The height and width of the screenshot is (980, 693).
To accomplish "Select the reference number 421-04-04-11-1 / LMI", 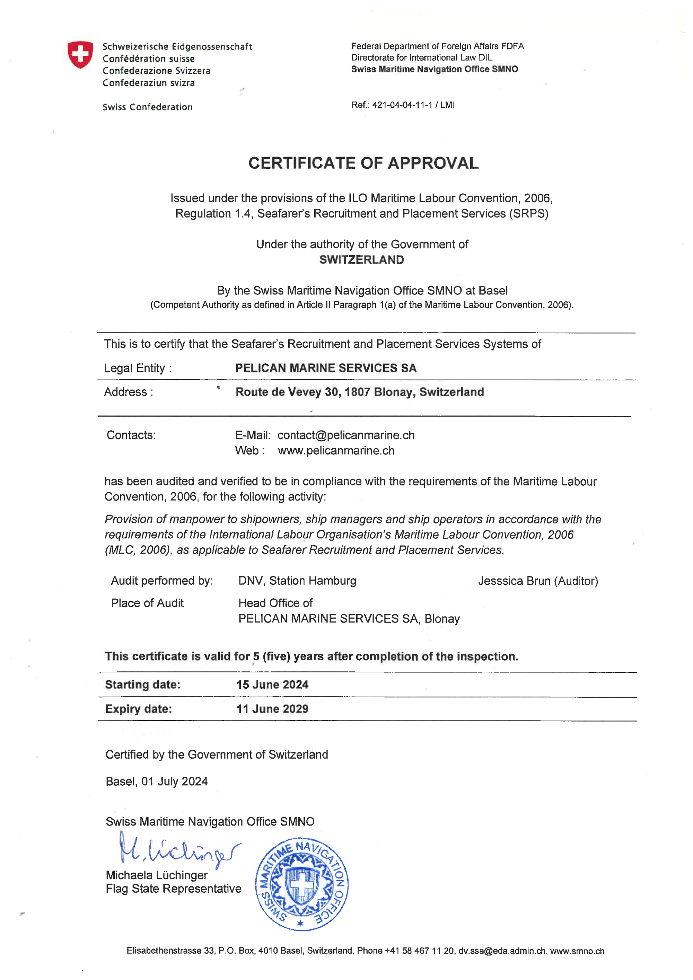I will (413, 105).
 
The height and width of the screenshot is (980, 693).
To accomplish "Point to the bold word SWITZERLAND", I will (361, 259).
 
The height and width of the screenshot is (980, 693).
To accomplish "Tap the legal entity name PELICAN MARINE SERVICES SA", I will (326, 368).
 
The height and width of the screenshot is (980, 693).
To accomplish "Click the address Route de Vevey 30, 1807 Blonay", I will (360, 392).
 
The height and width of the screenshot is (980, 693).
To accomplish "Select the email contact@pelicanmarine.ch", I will (346, 435).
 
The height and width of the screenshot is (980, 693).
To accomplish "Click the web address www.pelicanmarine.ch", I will (336, 450).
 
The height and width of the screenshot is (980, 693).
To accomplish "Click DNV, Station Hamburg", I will (297, 581).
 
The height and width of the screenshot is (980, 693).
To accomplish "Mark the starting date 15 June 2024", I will (272, 685).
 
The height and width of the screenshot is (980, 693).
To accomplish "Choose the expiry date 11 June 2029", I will (272, 709).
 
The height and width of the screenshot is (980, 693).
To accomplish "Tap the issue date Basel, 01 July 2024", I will (157, 781).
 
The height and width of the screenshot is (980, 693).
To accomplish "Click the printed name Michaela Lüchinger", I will (157, 875).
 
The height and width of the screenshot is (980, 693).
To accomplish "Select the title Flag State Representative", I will (173, 889).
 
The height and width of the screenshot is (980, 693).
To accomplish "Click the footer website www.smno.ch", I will (577, 951).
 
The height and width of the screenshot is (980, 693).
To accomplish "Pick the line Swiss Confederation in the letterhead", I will (147, 107).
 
